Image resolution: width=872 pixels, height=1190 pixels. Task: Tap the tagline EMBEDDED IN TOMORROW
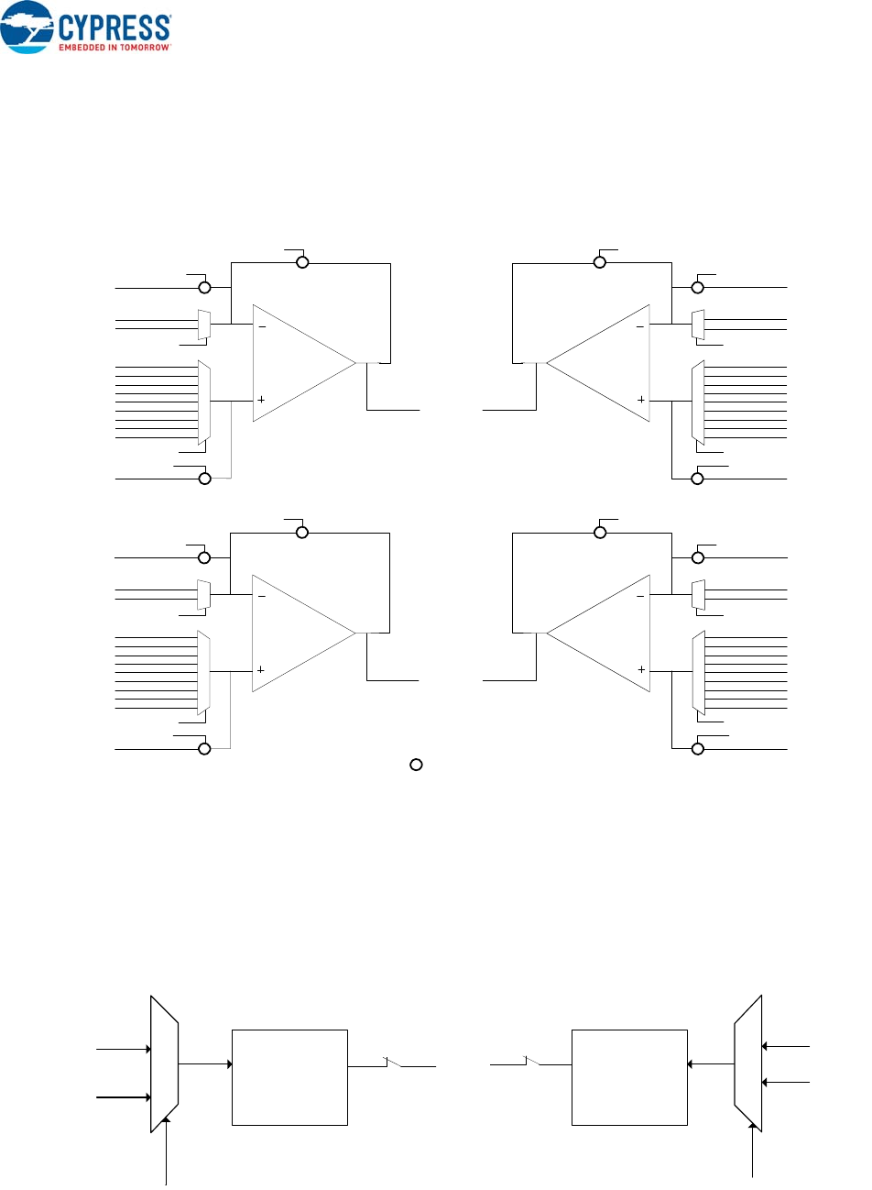pyautogui.click(x=114, y=47)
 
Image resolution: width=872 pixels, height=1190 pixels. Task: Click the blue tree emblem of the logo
pyautogui.click(x=27, y=26)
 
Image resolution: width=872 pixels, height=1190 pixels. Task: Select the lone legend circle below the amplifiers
pyautogui.click(x=416, y=764)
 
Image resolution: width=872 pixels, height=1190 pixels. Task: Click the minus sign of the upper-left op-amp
pyautogui.click(x=262, y=325)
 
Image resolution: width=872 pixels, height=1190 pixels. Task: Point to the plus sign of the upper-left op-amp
pyautogui.click(x=262, y=400)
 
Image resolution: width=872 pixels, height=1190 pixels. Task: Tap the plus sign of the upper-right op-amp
pyautogui.click(x=641, y=400)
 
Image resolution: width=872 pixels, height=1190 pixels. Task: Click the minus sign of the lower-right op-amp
pyautogui.click(x=641, y=596)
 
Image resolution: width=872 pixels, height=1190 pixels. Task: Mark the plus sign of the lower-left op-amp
pyautogui.click(x=261, y=670)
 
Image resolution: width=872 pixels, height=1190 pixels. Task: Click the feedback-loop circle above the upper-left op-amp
pyautogui.click(x=302, y=262)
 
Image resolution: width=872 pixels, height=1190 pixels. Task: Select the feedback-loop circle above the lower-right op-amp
pyautogui.click(x=600, y=533)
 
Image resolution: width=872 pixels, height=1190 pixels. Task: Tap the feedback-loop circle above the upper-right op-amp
pyautogui.click(x=600, y=262)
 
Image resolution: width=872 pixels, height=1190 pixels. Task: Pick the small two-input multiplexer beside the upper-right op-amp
pyautogui.click(x=698, y=325)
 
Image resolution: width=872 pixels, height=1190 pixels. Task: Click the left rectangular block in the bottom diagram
pyautogui.click(x=289, y=1077)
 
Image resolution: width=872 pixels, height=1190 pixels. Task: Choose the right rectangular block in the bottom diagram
pyautogui.click(x=629, y=1077)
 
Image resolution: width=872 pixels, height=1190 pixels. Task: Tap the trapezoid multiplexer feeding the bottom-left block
pyautogui.click(x=164, y=1063)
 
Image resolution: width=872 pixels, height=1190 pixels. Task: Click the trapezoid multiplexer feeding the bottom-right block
pyautogui.click(x=748, y=1063)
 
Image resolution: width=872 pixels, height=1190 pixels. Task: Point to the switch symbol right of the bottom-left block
pyautogui.click(x=393, y=1063)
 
